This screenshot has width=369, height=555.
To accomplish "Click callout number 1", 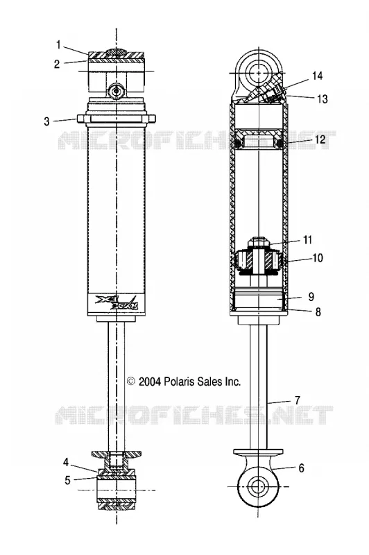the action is (58, 45).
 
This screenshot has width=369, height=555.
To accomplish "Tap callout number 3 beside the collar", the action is (46, 121).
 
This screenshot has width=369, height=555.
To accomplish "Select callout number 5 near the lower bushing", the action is (67, 480).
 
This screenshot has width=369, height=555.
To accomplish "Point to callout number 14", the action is (317, 76).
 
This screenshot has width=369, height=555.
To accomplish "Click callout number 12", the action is (320, 139).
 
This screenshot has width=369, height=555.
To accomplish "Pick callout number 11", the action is (307, 240).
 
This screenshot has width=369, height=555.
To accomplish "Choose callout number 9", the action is (311, 296).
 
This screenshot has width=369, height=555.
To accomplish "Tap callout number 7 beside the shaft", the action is (297, 400).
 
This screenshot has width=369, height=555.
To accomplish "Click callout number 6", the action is (301, 468).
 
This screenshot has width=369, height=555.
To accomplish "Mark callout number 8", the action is (318, 311).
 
